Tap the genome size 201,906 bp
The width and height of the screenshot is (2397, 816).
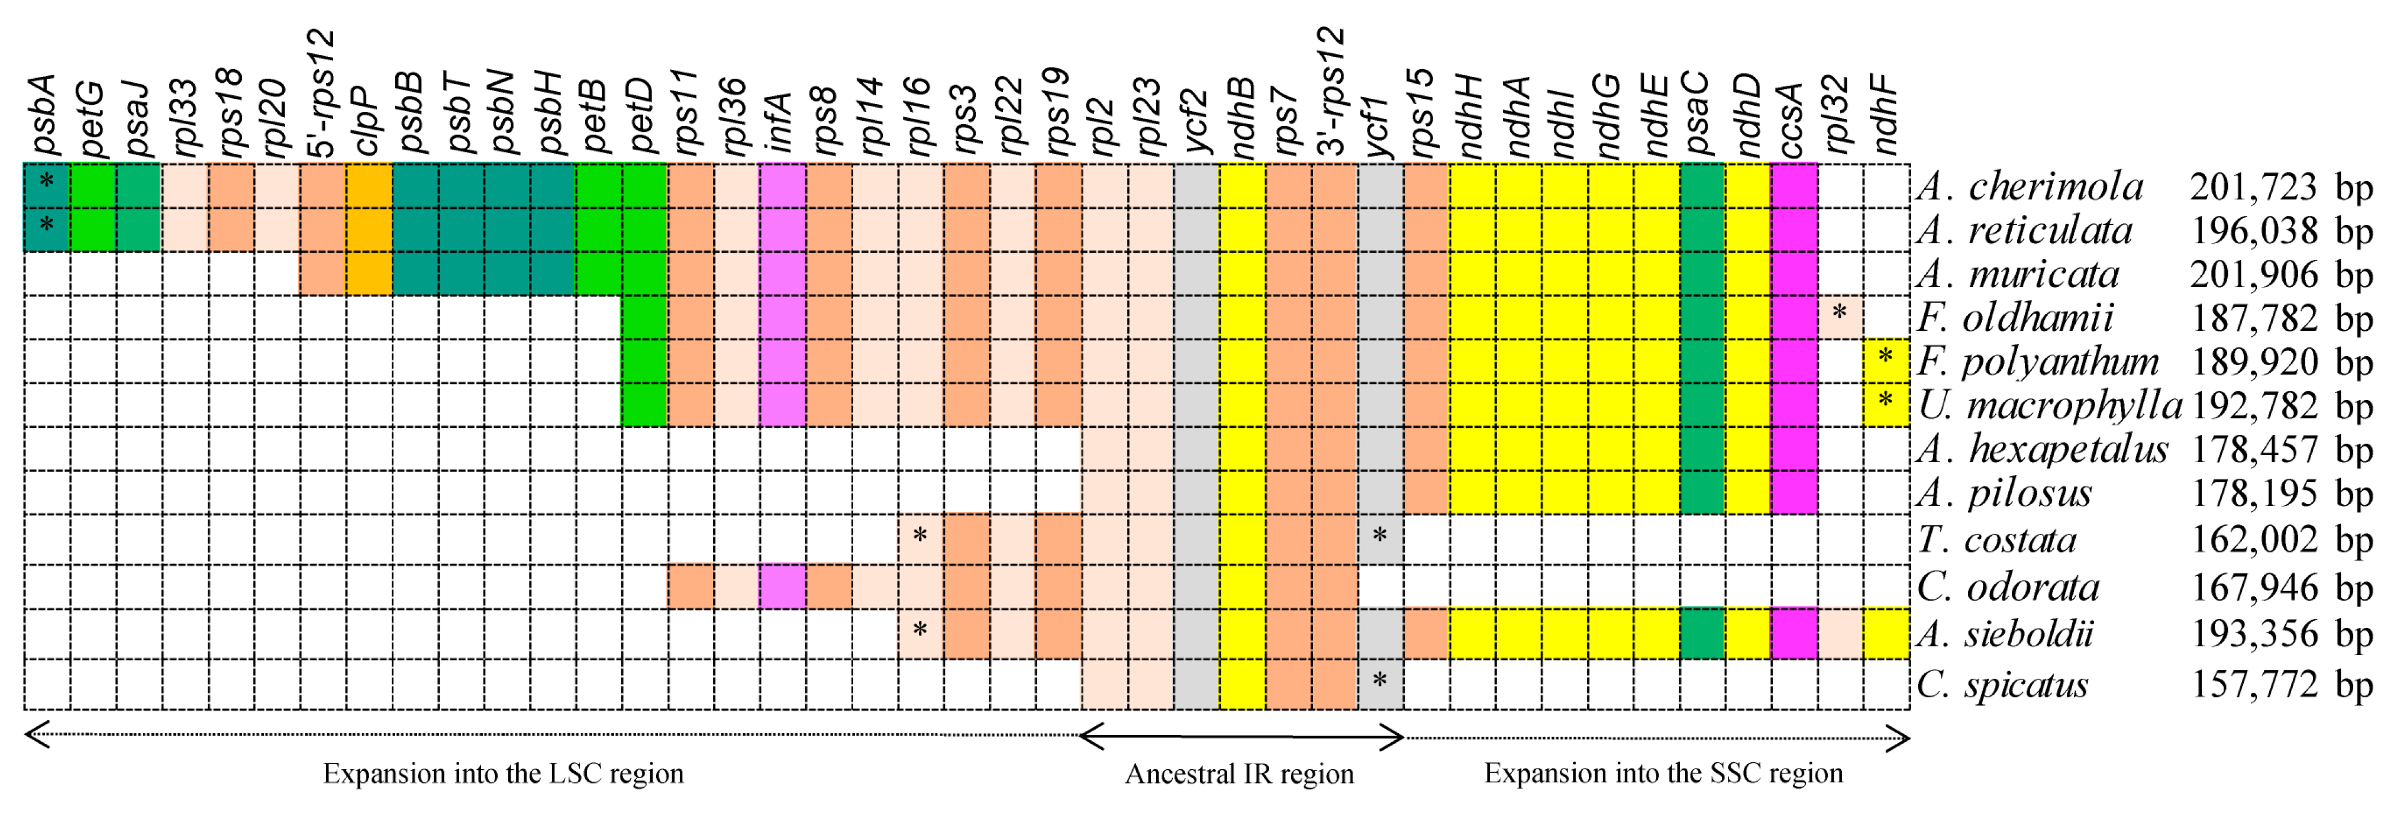pyautogui.click(x=2280, y=275)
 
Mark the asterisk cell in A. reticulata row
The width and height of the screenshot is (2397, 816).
pyautogui.click(x=46, y=225)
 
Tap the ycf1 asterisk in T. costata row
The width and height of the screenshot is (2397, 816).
pyautogui.click(x=1380, y=537)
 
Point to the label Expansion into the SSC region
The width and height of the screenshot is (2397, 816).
pyautogui.click(x=1663, y=774)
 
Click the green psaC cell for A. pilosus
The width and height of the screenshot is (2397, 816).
pyautogui.click(x=1702, y=493)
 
